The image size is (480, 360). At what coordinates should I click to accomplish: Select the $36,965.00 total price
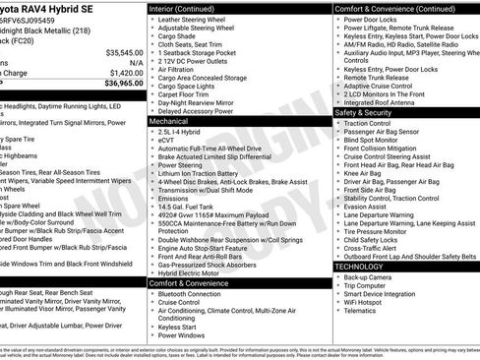(123, 84)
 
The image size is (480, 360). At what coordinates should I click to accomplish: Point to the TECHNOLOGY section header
(363, 267)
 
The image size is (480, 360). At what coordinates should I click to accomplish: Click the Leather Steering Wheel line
(198, 19)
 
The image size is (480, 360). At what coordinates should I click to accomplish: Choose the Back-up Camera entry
(369, 277)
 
